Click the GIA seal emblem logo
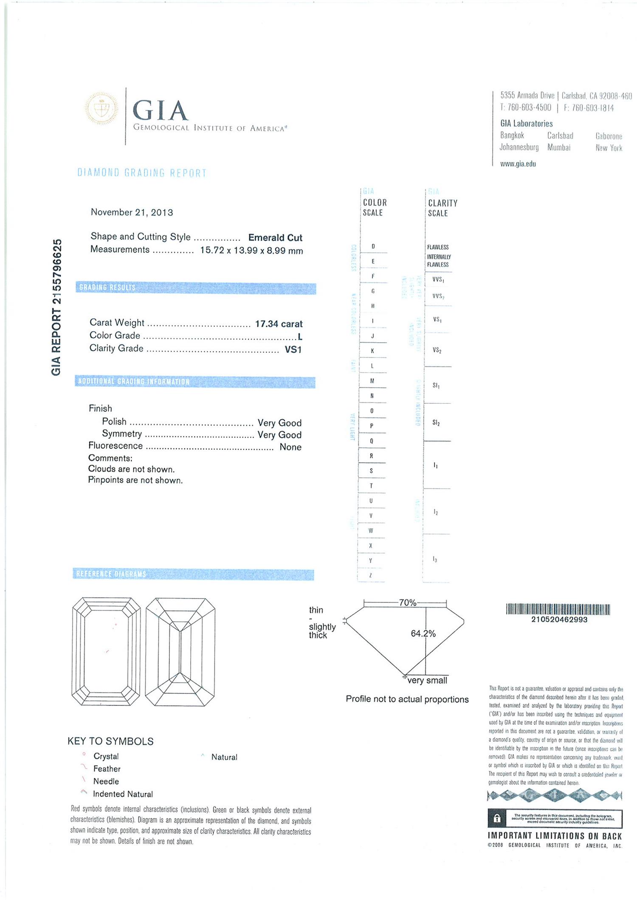(101, 109)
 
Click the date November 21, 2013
(132, 212)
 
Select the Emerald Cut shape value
(275, 238)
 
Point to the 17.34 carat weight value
(279, 324)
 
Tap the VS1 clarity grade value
(293, 350)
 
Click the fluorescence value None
(290, 447)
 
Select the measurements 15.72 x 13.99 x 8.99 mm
(251, 251)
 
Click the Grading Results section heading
(107, 288)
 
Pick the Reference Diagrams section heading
(111, 574)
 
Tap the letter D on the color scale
(373, 246)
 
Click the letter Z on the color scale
(371, 576)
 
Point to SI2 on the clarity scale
(436, 423)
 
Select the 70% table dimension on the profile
(407, 603)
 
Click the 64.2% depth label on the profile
(423, 634)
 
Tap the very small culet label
(427, 680)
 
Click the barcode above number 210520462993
(558, 610)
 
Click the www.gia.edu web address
(518, 164)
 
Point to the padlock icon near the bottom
(497, 819)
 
